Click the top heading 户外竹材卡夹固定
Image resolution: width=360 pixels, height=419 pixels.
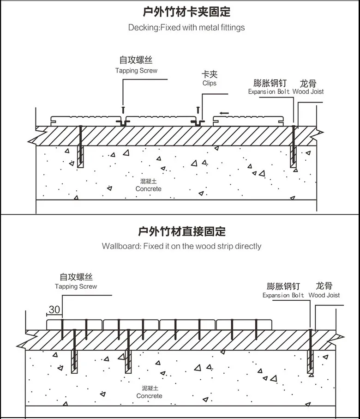184,12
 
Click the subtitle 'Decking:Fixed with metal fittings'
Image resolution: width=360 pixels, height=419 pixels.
186,28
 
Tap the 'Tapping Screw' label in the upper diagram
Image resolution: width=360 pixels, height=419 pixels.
136,71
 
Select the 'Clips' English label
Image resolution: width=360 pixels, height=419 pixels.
209,83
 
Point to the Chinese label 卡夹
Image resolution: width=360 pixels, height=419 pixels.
209,74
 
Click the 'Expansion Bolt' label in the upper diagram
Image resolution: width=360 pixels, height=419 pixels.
269,91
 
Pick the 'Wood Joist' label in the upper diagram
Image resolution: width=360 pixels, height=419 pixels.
308,91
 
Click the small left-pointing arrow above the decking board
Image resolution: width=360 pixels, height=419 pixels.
224,113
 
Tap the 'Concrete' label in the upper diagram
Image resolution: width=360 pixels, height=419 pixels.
149,189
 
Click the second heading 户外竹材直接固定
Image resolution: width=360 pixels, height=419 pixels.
182,231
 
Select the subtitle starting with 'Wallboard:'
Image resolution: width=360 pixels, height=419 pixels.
181,246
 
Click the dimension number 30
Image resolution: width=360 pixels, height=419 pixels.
54,310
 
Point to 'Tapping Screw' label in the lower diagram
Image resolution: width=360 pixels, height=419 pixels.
76,286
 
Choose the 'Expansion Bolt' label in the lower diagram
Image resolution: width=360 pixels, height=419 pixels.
283,295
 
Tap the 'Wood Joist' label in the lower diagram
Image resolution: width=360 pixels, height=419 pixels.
324,295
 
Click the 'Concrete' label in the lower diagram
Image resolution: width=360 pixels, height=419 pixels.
149,396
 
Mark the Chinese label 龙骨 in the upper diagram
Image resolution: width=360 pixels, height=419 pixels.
308,83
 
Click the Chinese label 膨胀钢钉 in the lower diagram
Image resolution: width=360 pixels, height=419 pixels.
283,286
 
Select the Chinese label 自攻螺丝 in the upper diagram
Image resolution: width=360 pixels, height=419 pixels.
136,61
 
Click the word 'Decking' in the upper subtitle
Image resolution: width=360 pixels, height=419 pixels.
143,28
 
